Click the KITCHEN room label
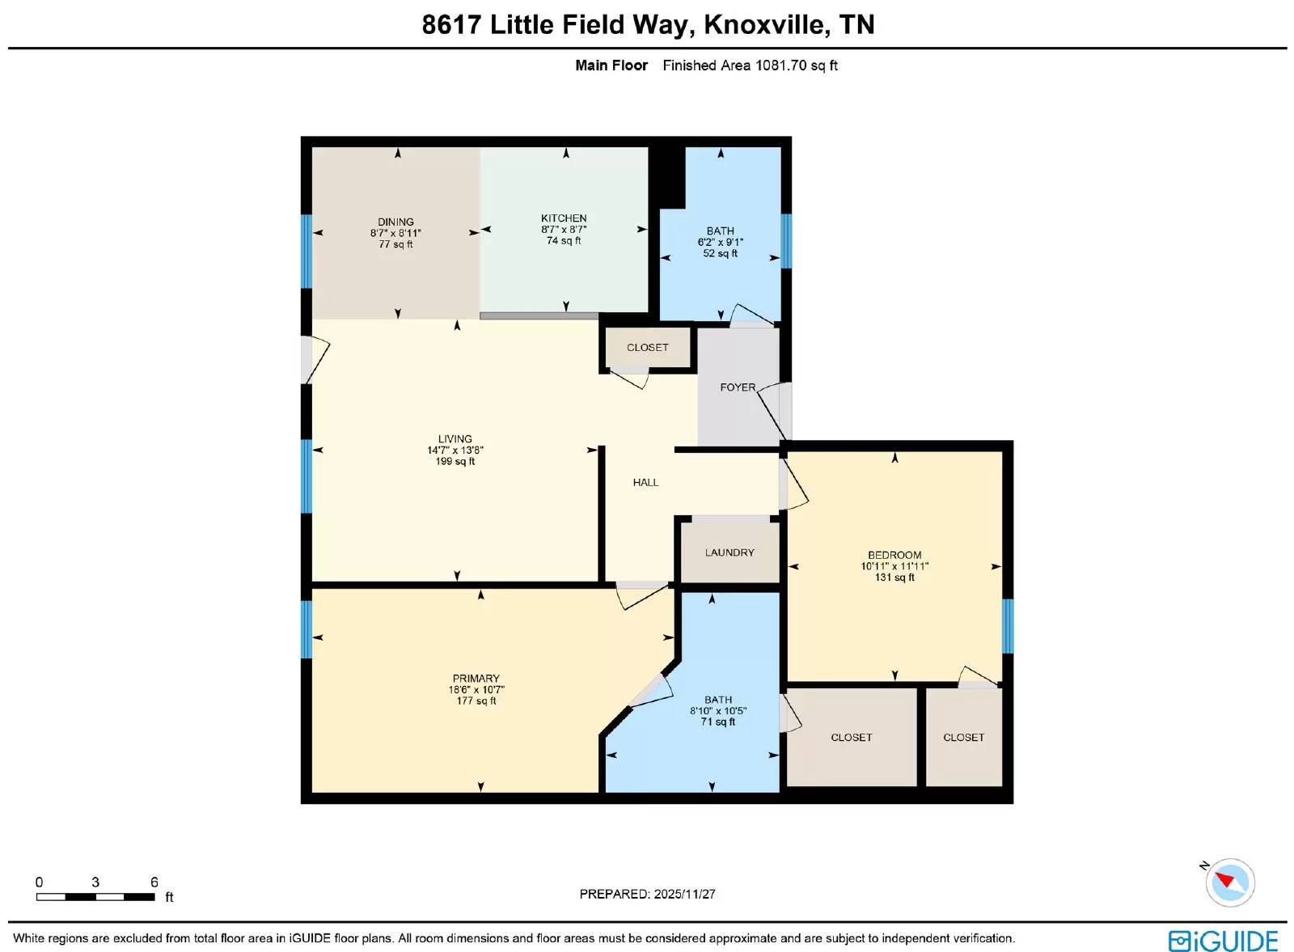click(x=564, y=218)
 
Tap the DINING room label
click(x=395, y=222)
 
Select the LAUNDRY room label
click(x=729, y=552)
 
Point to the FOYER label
click(x=738, y=387)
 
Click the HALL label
click(x=645, y=482)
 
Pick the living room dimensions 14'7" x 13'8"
click(x=455, y=450)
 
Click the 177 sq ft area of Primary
click(x=476, y=700)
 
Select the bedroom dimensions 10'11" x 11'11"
click(x=894, y=566)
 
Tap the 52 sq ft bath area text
click(x=721, y=253)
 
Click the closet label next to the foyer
click(x=648, y=348)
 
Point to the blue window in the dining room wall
click(x=307, y=252)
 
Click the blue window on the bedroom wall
click(x=1008, y=625)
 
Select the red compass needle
click(x=1225, y=881)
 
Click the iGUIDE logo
click(x=1224, y=941)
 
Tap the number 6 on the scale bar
click(x=154, y=882)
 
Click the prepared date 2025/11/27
click(x=684, y=895)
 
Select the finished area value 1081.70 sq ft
click(x=797, y=66)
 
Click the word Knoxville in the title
click(x=765, y=25)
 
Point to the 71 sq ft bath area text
click(x=718, y=721)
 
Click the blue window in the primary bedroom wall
click(x=307, y=629)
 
